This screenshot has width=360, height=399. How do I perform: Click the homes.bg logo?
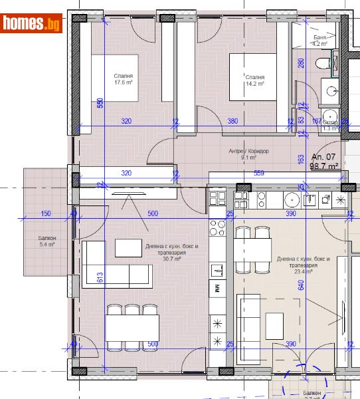point(32,24)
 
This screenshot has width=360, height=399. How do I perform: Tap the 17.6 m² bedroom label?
point(124,80)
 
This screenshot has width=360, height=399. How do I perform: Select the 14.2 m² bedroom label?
point(255,80)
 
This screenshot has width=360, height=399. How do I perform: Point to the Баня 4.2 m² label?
point(320,42)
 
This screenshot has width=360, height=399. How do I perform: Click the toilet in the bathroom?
point(324,64)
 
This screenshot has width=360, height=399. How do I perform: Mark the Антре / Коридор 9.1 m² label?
point(248,154)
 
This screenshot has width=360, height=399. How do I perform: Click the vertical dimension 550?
point(100,104)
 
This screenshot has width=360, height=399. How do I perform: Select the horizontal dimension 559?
point(259,174)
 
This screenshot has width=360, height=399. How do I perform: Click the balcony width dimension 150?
point(46,213)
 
